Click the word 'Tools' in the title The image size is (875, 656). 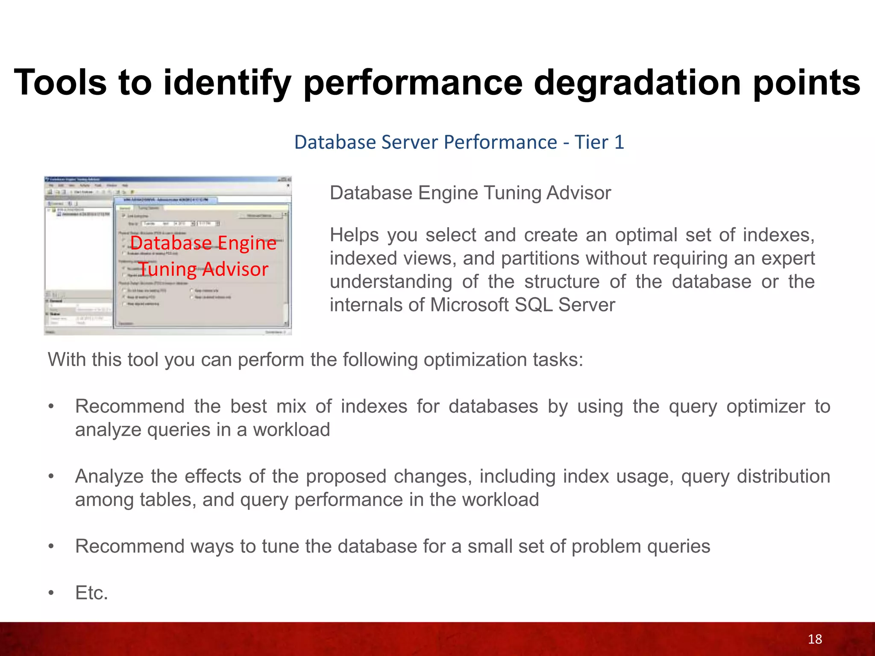click(x=60, y=82)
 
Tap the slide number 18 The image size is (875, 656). click(x=815, y=639)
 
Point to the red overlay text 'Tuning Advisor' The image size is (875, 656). click(x=203, y=269)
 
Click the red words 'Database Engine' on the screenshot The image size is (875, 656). click(x=203, y=243)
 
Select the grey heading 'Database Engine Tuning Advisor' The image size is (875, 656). click(x=470, y=193)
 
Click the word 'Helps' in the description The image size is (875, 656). click(x=354, y=235)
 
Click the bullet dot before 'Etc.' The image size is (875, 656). click(x=51, y=593)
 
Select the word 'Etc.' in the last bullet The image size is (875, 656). click(x=91, y=593)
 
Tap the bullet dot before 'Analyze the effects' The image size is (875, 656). click(x=51, y=477)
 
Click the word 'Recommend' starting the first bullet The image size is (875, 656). click(x=129, y=407)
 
